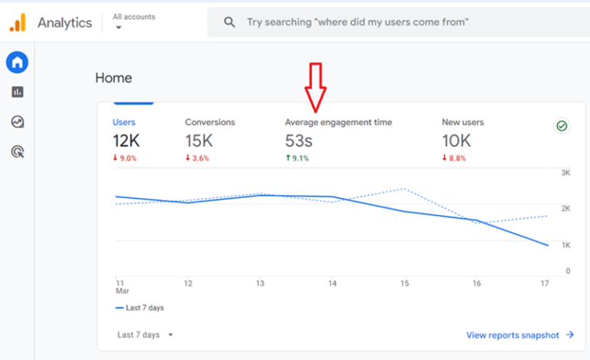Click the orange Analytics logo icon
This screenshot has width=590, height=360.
pos(18,22)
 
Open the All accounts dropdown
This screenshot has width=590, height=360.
pos(133,21)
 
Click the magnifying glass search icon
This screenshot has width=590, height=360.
pos(229,22)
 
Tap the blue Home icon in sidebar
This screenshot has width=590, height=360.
pos(17,63)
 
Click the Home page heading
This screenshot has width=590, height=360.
pos(113,78)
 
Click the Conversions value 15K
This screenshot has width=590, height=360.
pos(200,141)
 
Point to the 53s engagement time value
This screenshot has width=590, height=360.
pos(298,141)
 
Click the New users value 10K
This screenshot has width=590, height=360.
pos(456,141)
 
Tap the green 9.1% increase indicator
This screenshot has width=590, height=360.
pos(297,158)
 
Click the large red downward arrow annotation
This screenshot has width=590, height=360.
pos(315,87)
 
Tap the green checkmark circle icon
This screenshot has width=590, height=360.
pos(562,125)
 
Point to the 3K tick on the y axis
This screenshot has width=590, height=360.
pos(565,173)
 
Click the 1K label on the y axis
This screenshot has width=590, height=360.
pos(565,245)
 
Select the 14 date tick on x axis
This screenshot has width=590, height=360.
pos(332,283)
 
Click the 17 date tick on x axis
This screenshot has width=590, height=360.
pos(545,283)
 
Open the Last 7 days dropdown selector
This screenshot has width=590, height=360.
pos(145,335)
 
